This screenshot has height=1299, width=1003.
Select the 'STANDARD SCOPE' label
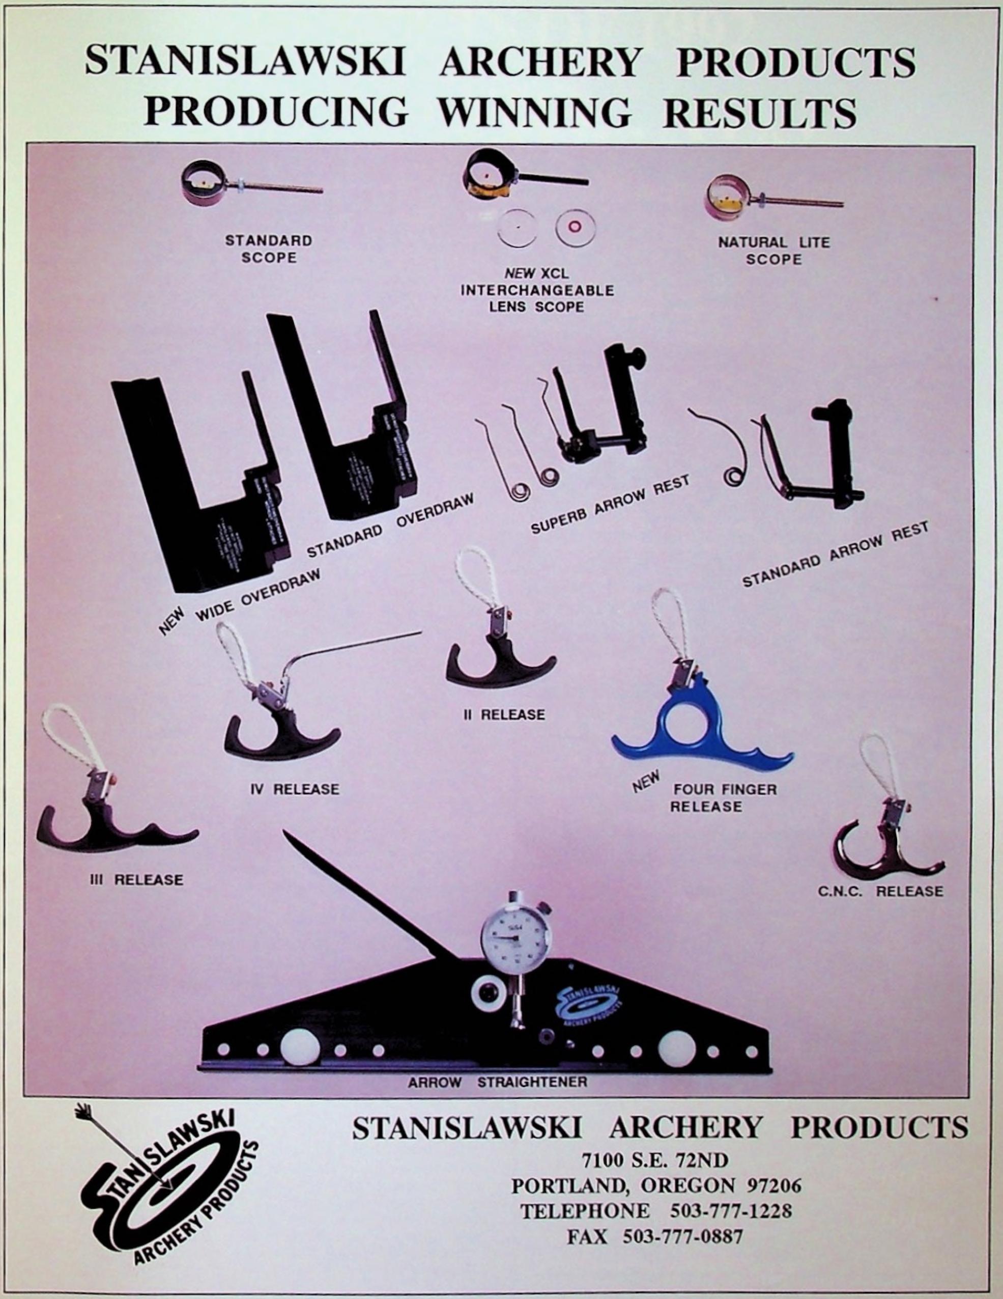click(268, 249)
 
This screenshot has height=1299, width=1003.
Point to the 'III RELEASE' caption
click(136, 880)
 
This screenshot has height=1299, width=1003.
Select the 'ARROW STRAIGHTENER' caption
click(497, 1083)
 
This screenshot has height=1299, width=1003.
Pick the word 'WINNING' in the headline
click(533, 111)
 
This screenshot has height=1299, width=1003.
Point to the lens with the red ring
click(576, 227)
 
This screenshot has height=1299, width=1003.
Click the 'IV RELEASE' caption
click(294, 789)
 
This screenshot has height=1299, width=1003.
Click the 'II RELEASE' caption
click(504, 714)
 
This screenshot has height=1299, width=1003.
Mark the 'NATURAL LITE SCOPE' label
click(773, 251)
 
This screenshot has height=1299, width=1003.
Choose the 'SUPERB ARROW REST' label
click(610, 504)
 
